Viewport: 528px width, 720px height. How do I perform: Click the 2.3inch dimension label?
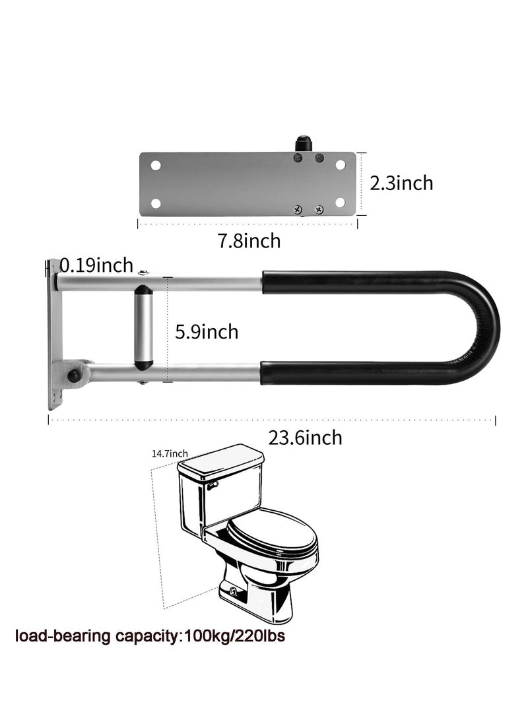pyautogui.click(x=401, y=183)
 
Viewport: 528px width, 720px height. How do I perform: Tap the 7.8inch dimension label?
pyautogui.click(x=249, y=241)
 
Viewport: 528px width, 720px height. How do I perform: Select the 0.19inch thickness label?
pyautogui.click(x=96, y=265)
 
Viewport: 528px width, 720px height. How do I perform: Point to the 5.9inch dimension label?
pyautogui.click(x=207, y=331)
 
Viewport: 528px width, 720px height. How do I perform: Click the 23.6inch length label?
pyautogui.click(x=306, y=438)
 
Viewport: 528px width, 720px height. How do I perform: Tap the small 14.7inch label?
pyautogui.click(x=170, y=453)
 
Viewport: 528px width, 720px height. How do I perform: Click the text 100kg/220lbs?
pyautogui.click(x=234, y=636)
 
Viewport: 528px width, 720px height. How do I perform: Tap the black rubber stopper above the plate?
pyautogui.click(x=302, y=143)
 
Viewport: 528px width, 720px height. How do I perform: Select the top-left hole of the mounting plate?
pyautogui.click(x=156, y=165)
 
